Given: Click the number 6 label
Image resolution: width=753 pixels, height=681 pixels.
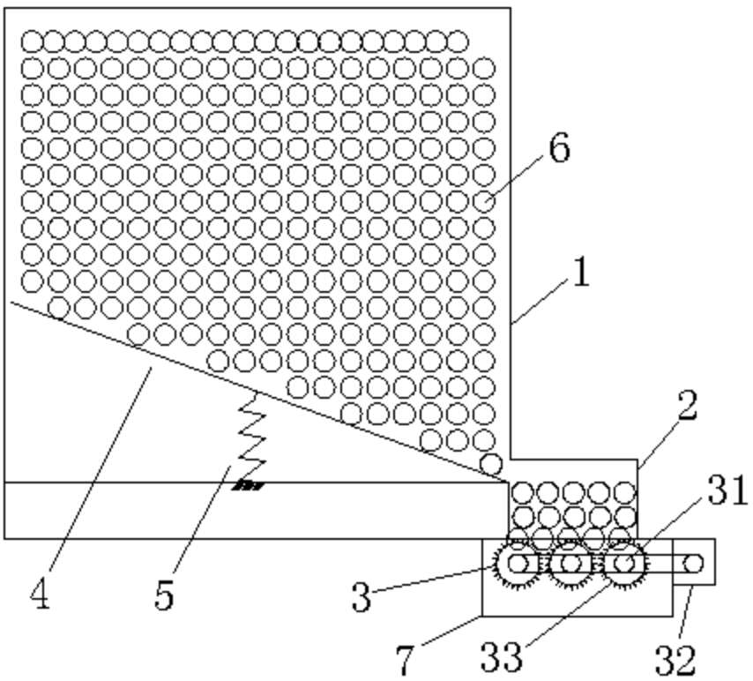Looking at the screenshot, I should [x=559, y=150].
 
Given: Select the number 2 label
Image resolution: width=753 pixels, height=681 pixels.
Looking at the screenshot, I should [x=687, y=406].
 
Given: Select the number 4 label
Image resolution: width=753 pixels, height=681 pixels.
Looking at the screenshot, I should [x=39, y=593].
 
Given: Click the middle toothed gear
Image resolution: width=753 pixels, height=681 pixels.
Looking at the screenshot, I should [x=571, y=563].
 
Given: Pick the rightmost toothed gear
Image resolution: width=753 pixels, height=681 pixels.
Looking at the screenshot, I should [x=625, y=563].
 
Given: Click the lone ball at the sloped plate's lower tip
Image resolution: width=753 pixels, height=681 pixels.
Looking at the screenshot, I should [x=491, y=463].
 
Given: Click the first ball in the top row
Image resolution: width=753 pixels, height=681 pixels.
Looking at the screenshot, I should [x=32, y=41].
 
